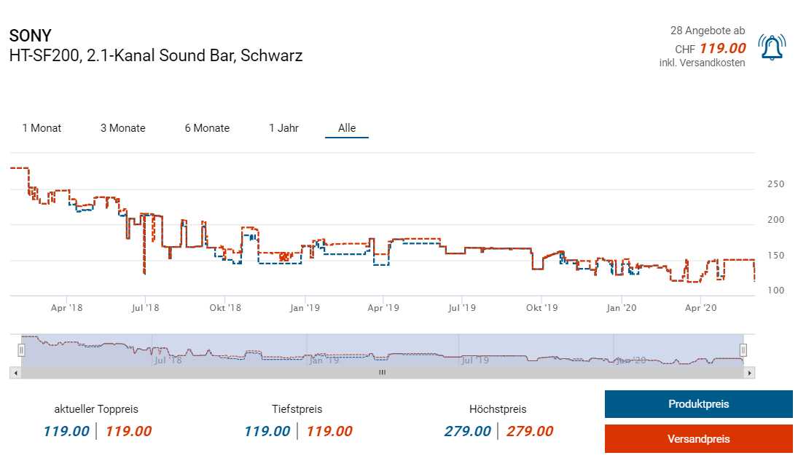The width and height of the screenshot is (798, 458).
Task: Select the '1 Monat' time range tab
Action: pos(42,128)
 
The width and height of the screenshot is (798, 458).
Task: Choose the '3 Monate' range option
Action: pos(122,128)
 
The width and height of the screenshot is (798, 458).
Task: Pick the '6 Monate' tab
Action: pos(207,128)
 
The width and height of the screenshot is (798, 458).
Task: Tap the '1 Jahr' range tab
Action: pos(283,128)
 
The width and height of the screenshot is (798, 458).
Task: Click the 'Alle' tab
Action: pos(347,128)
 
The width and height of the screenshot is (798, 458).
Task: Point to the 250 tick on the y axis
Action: pos(775,184)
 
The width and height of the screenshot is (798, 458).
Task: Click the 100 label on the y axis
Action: pos(775,291)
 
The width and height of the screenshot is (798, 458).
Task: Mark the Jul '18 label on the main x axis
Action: pos(145,308)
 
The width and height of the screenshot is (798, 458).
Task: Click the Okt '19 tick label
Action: pos(541,308)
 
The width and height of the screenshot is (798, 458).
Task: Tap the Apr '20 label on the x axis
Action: pos(701,308)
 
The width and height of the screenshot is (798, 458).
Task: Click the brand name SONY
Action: pos(30,36)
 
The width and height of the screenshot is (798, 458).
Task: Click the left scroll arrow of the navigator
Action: pos(15,372)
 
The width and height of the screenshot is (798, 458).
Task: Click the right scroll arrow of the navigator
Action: pos(750,372)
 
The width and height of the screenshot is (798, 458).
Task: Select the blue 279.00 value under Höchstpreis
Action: pos(467,431)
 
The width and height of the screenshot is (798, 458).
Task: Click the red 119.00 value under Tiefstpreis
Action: pos(329,431)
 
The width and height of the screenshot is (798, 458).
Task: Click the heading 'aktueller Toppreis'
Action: pos(96,409)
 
